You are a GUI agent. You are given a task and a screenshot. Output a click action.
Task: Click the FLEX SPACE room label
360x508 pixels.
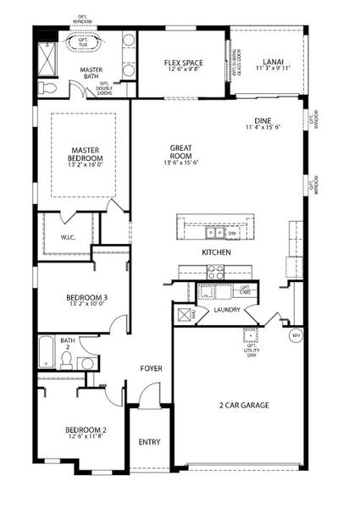pos(184,63)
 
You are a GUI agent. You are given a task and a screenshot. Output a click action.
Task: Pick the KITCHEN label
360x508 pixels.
pos(216,253)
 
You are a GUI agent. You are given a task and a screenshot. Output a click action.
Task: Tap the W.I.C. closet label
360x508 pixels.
pos(69,237)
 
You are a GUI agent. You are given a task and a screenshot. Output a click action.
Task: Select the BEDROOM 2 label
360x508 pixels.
pos(86,430)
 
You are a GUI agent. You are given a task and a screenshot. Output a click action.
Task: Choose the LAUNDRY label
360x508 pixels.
pos(228,310)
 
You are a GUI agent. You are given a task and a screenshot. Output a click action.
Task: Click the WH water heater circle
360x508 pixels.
pos(296,335)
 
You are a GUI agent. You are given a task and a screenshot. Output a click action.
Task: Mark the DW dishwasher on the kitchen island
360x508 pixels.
pos(230,233)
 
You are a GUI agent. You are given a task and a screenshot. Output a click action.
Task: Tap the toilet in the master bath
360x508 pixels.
pos(49,87)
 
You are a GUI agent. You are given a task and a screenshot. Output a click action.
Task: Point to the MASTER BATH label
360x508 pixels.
pos(93,75)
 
